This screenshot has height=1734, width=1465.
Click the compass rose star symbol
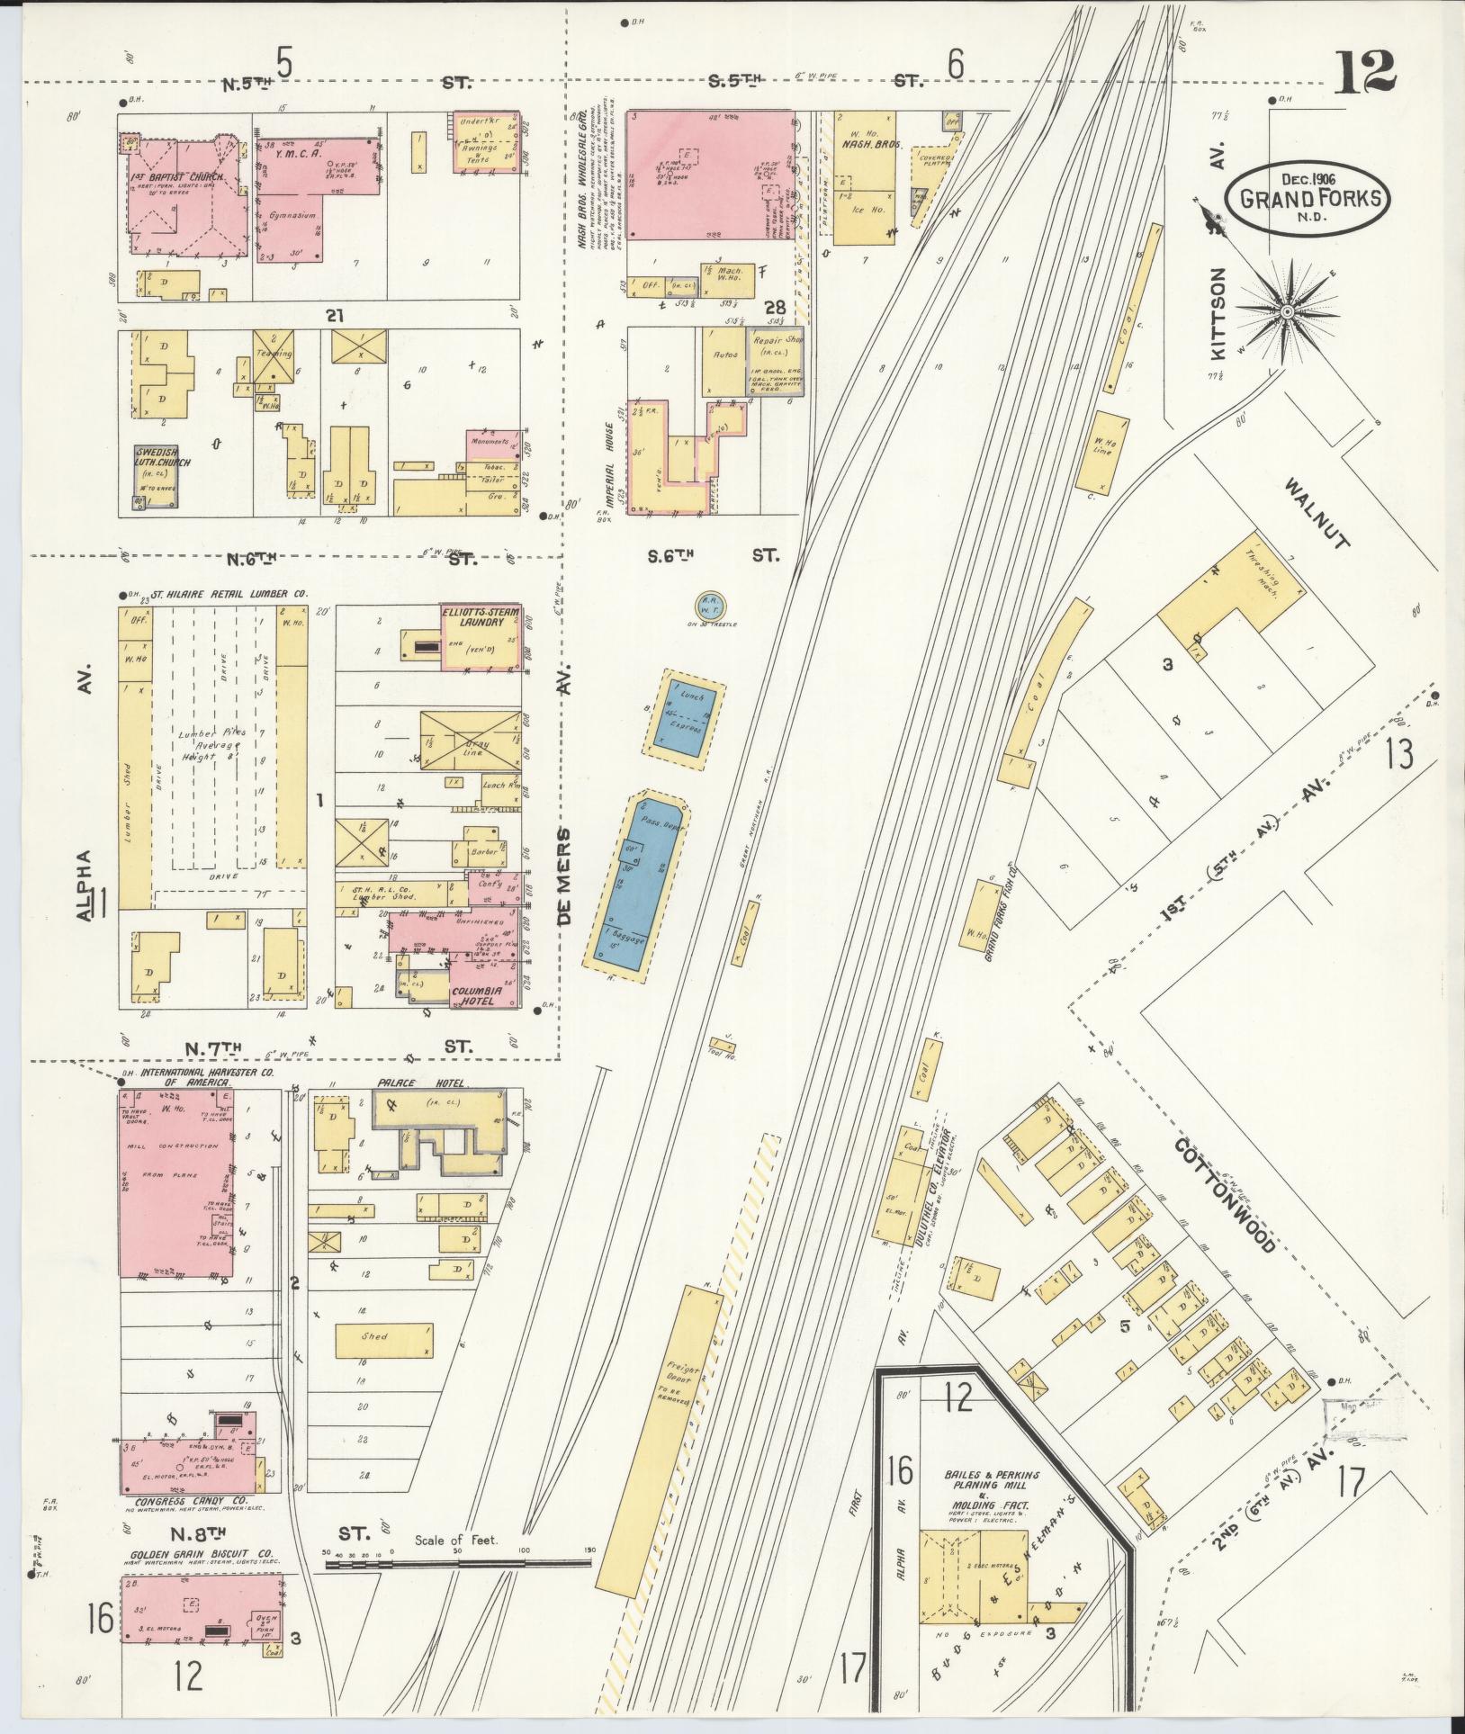click(x=1287, y=311)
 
